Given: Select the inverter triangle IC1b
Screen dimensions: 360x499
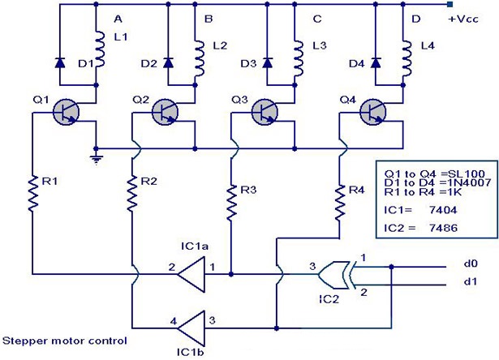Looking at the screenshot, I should (190, 329).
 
